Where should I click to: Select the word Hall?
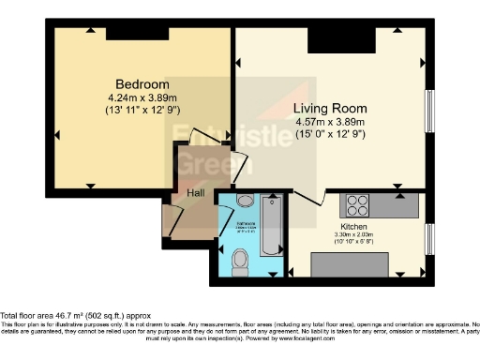[x=195, y=193]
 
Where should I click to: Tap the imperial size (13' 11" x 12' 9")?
[x=143, y=110]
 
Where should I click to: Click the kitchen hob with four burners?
[x=357, y=203]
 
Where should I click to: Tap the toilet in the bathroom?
[x=240, y=257]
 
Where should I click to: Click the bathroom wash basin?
[x=246, y=200]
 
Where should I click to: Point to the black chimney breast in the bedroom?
[x=130, y=33]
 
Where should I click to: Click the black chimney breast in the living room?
[x=328, y=38]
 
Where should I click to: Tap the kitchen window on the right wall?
[x=429, y=238]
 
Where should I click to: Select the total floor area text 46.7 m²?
[x=75, y=317]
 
